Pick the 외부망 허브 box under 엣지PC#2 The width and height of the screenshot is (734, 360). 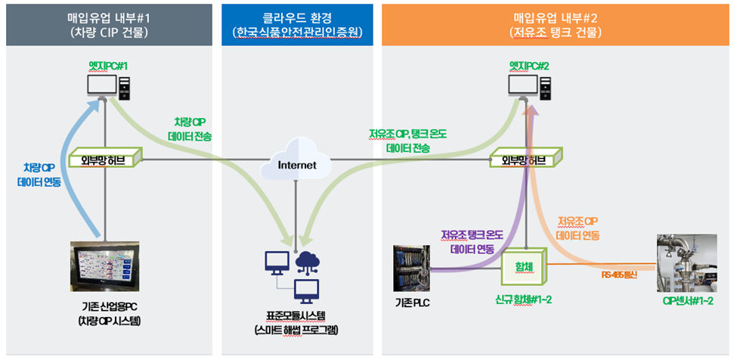528,160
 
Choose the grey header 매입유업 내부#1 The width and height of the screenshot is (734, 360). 107,23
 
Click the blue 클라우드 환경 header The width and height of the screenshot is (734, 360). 296,23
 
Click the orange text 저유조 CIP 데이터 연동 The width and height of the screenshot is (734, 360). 578,228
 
